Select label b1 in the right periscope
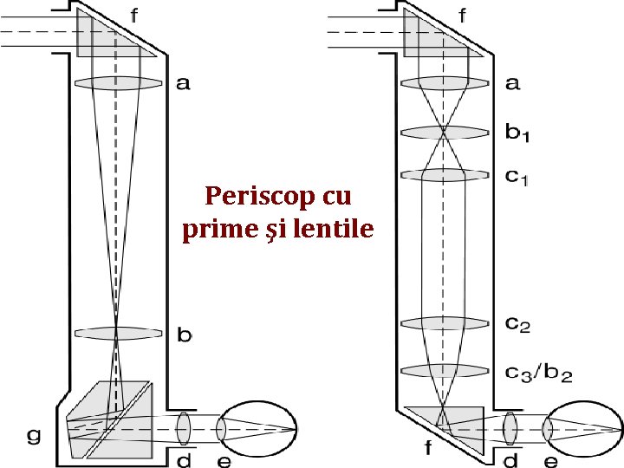coord(517,133)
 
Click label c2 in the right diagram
coord(517,325)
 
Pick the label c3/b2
coord(537,374)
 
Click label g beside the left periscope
coord(34,436)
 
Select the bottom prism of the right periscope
coord(451,425)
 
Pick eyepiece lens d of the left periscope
coord(183,426)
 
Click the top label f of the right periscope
coord(464,15)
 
